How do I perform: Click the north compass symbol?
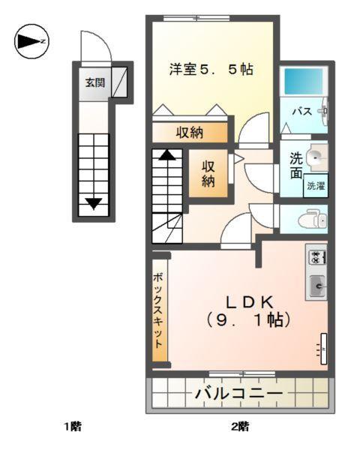click(31, 41)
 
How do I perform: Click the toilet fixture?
click(311, 220)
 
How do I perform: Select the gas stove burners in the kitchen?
click(316, 258)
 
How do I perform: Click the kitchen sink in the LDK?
click(316, 285)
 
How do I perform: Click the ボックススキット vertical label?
click(159, 310)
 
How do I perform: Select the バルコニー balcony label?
click(238, 393)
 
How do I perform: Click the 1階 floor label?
click(72, 427)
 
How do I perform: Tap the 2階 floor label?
click(239, 427)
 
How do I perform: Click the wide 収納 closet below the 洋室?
click(190, 133)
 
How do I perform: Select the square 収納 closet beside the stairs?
click(208, 173)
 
